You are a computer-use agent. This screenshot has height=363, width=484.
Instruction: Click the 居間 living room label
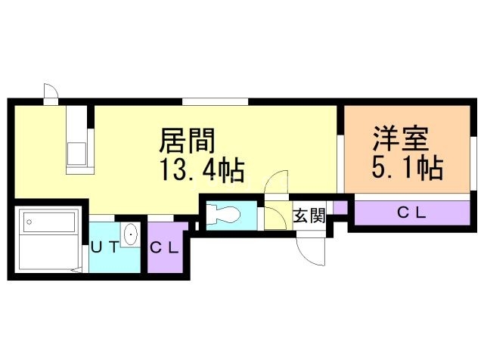[x=187, y=141]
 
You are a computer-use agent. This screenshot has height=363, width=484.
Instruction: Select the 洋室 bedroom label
[x=401, y=138]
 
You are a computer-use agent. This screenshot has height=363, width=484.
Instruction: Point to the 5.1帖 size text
[x=408, y=167]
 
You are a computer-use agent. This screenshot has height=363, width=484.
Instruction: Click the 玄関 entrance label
[x=309, y=216]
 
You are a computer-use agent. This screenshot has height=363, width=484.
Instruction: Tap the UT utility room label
[x=105, y=247]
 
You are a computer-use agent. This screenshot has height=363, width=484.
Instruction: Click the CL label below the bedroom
[x=411, y=213]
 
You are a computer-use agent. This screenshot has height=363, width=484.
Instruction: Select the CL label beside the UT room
[x=164, y=248]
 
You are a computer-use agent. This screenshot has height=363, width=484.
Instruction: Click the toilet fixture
[x=223, y=214]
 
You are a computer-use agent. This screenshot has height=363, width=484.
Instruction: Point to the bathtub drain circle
[x=29, y=222]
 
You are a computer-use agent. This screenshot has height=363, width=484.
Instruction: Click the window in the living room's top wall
[x=215, y=101]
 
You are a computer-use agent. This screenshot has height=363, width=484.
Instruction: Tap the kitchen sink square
[x=76, y=154]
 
